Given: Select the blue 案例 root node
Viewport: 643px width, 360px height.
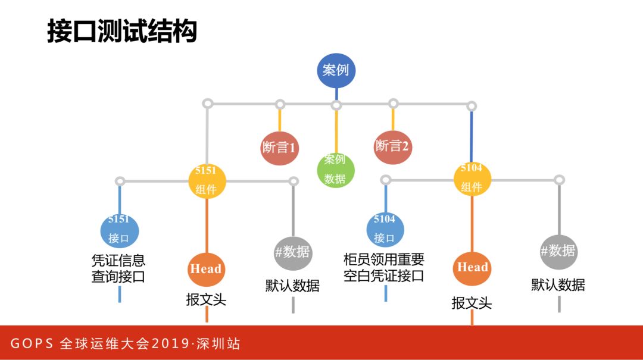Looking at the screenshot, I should coord(336,70).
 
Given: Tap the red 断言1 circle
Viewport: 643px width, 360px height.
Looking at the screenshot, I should coord(279,146).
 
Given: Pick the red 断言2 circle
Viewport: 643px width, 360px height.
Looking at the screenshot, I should coord(392,145).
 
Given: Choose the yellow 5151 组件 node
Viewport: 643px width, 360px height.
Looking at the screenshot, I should coord(207,180).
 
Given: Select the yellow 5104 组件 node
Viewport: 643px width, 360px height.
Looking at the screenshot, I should coord(472,177).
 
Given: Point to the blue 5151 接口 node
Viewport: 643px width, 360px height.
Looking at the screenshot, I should coord(119,230).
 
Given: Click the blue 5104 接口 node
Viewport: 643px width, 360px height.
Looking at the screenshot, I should coord(385,229).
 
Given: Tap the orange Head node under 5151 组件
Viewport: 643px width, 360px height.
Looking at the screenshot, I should coord(206,269).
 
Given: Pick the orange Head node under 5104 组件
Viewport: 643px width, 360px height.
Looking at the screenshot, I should coord(472,267).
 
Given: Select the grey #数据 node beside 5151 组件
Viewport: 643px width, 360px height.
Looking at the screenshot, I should coord(293,252).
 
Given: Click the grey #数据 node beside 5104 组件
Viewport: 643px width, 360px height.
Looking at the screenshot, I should coord(558,251).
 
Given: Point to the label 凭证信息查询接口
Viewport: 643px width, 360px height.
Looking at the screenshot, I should coord(118,269).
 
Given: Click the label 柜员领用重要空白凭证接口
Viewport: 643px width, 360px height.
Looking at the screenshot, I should coord(384,268).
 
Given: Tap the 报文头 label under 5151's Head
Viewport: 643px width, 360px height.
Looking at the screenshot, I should coord(206,299).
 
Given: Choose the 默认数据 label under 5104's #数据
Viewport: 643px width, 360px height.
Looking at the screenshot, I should coord(558,285).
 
